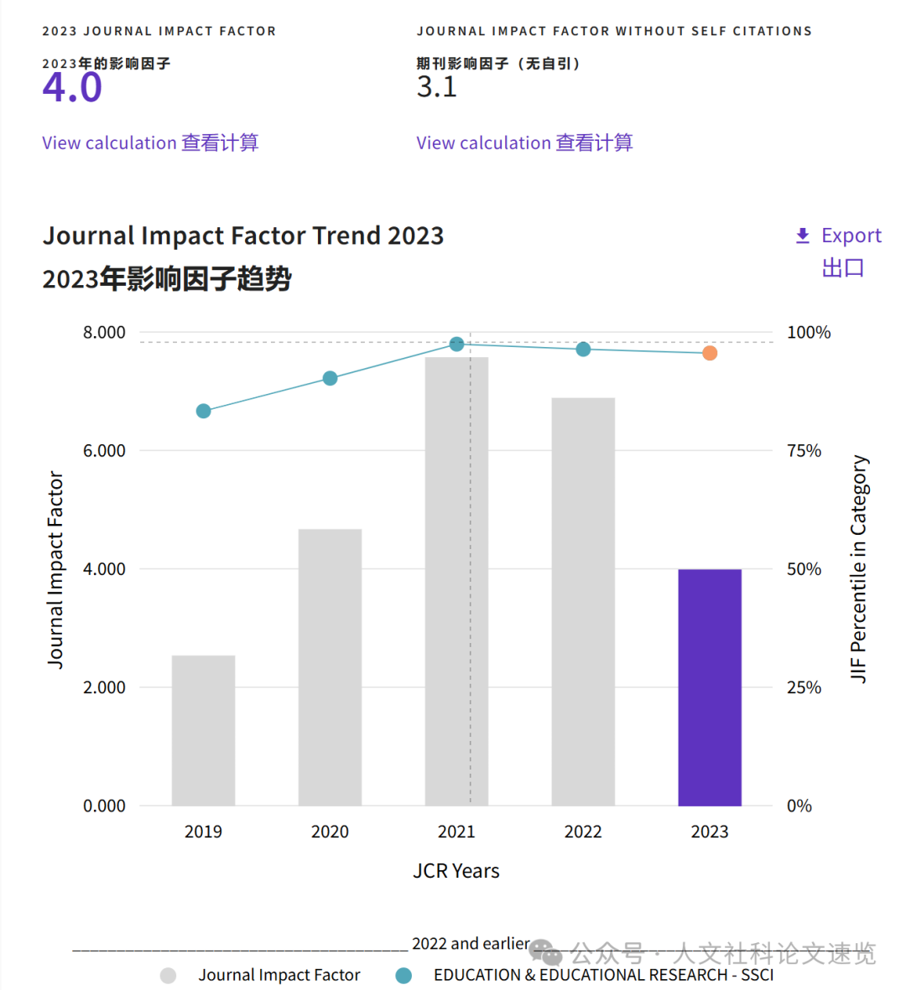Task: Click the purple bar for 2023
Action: (710, 687)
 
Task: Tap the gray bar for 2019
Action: (203, 730)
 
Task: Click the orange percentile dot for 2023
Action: (710, 353)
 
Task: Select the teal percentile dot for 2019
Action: (203, 411)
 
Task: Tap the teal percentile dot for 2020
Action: (330, 378)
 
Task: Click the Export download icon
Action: (803, 236)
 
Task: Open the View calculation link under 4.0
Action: (150, 143)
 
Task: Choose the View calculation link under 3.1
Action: (524, 143)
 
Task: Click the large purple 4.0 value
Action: (72, 87)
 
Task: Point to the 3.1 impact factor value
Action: (437, 86)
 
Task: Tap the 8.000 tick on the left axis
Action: (104, 333)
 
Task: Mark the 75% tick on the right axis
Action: (804, 451)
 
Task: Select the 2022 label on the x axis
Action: (583, 832)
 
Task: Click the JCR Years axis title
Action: (456, 871)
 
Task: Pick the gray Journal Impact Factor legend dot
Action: (169, 975)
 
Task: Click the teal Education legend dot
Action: (404, 975)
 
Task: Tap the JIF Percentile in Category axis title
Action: (859, 568)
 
